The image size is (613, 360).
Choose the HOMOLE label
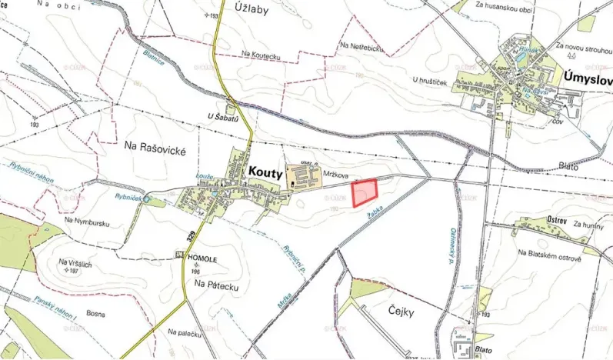(204, 259)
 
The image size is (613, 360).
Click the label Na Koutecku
(261, 53)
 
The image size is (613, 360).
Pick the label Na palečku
(185, 332)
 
